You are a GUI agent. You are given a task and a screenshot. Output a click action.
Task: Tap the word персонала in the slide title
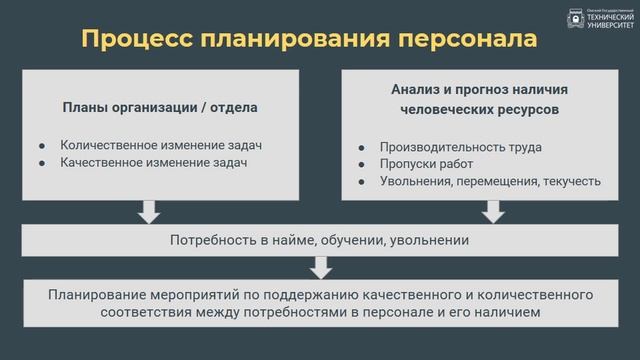[470, 39]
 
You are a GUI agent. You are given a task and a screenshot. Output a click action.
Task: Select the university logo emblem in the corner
[575, 20]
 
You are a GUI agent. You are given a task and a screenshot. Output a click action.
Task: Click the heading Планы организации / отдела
[162, 108]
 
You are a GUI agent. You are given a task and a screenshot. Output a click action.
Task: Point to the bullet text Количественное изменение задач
[167, 143]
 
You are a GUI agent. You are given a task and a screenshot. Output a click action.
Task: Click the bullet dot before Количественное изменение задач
[43, 143]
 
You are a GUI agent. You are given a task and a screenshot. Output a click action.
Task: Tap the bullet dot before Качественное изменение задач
[43, 161]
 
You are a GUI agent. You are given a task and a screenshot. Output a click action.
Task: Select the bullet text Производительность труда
[461, 146]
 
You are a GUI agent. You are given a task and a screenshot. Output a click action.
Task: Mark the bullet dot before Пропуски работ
[363, 164]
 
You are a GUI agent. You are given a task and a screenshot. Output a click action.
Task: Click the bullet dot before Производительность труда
[363, 146]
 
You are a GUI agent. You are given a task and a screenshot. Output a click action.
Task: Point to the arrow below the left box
[149, 211]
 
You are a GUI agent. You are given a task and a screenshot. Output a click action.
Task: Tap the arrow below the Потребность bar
[320, 267]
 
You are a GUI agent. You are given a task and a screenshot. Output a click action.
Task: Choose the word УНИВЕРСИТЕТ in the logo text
[610, 25]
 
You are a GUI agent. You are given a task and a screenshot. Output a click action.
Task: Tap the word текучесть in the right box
[571, 182]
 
